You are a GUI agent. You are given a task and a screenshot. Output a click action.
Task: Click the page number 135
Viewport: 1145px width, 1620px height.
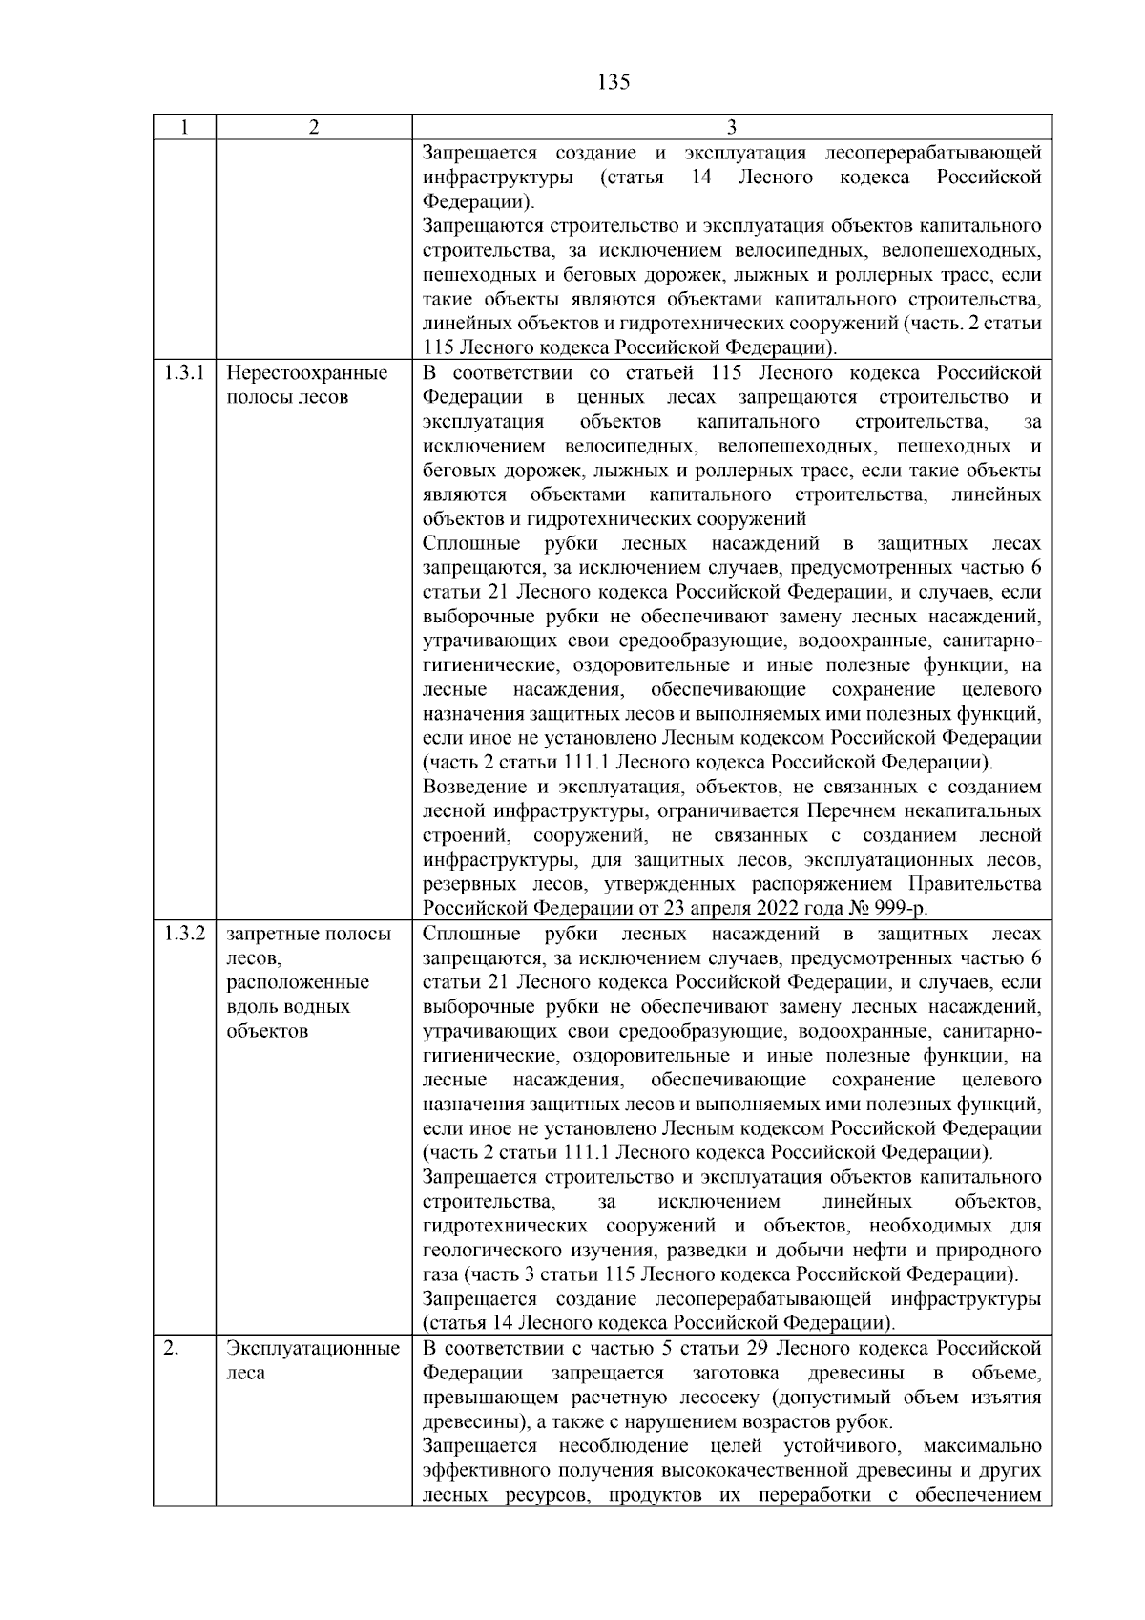click(x=614, y=82)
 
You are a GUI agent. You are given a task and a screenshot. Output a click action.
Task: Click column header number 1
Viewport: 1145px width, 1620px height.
click(x=184, y=128)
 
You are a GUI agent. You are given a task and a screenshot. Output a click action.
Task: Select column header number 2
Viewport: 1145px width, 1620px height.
click(x=313, y=128)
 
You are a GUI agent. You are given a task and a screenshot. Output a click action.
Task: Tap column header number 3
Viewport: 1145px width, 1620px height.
click(x=731, y=128)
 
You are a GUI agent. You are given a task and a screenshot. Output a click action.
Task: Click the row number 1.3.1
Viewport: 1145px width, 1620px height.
click(x=183, y=373)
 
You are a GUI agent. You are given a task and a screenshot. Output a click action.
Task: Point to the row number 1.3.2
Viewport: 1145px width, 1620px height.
click(x=183, y=934)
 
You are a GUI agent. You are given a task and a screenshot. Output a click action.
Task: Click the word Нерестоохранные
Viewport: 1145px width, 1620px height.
click(x=307, y=373)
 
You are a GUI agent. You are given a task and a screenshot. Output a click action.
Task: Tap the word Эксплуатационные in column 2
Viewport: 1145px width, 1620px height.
click(x=312, y=1349)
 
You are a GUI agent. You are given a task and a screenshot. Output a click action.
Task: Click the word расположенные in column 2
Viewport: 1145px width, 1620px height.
click(x=298, y=982)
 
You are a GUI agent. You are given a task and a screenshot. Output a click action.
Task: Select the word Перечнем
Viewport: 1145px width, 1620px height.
click(x=843, y=811)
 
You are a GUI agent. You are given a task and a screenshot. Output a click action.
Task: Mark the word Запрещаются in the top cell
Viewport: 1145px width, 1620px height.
click(x=479, y=226)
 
